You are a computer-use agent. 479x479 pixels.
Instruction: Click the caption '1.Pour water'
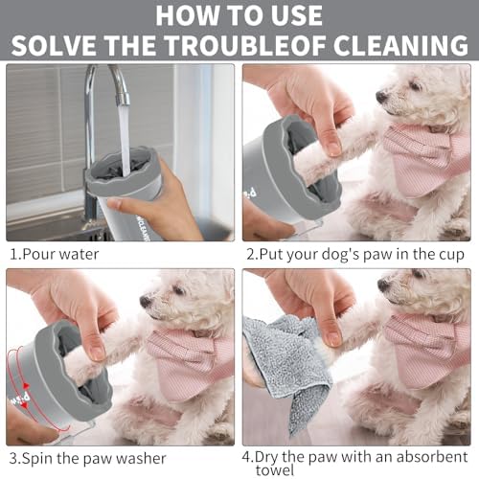(55, 255)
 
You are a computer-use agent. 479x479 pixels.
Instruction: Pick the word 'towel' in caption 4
(275, 470)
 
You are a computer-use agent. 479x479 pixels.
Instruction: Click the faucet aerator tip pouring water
(123, 98)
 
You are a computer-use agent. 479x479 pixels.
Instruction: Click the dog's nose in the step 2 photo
(381, 96)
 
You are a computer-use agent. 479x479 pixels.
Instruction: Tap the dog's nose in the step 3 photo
(146, 301)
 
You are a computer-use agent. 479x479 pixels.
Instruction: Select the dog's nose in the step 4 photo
(383, 285)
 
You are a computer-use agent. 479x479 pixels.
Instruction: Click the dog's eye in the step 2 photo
(416, 85)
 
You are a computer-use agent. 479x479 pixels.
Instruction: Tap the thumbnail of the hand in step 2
(332, 147)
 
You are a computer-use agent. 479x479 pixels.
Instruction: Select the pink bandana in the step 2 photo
(425, 160)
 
